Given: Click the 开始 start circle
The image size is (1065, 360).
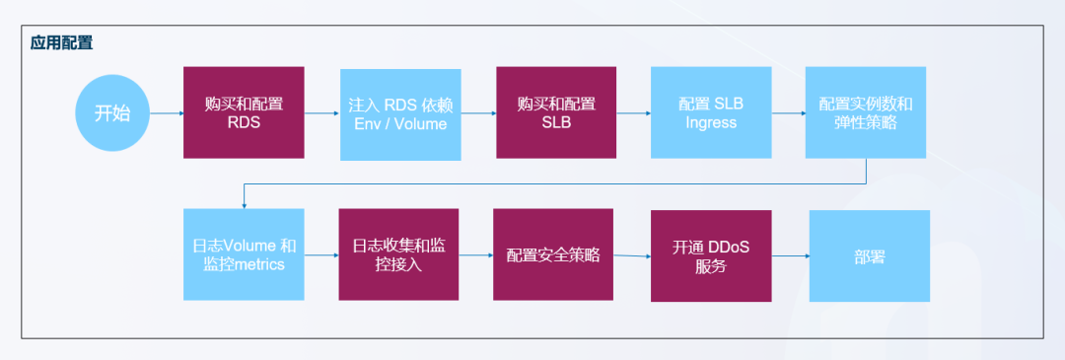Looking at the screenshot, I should click(x=111, y=112).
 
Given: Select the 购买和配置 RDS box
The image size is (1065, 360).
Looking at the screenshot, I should click(x=244, y=112).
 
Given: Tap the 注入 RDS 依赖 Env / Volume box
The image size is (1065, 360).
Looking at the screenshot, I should click(x=399, y=113).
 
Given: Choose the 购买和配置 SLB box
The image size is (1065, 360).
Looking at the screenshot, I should click(x=555, y=112).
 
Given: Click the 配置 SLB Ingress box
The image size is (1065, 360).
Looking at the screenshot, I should click(x=710, y=112).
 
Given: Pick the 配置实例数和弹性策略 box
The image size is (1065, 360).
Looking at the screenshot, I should click(x=866, y=112).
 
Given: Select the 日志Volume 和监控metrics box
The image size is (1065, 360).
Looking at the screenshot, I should click(x=244, y=254).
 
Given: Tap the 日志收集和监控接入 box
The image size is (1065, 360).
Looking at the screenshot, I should click(x=399, y=254).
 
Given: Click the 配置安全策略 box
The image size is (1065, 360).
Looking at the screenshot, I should click(x=553, y=254).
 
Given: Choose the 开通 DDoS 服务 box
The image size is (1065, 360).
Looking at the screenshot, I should click(x=710, y=255).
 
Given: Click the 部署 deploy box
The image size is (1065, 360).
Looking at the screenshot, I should click(x=869, y=255).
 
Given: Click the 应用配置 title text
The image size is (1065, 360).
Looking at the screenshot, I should click(x=62, y=44).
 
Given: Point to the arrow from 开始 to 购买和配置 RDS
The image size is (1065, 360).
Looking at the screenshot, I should click(x=167, y=112).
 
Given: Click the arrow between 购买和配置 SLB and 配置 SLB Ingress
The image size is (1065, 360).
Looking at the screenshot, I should click(x=633, y=112).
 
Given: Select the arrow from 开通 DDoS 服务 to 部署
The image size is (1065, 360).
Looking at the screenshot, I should click(x=790, y=256).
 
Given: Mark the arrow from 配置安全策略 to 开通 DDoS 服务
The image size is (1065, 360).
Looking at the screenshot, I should click(x=632, y=255).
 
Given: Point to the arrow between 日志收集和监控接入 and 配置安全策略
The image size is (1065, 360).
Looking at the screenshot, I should click(x=476, y=254).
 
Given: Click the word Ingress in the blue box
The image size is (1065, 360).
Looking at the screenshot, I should click(x=710, y=123).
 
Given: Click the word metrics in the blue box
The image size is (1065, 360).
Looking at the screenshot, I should click(x=257, y=264).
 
